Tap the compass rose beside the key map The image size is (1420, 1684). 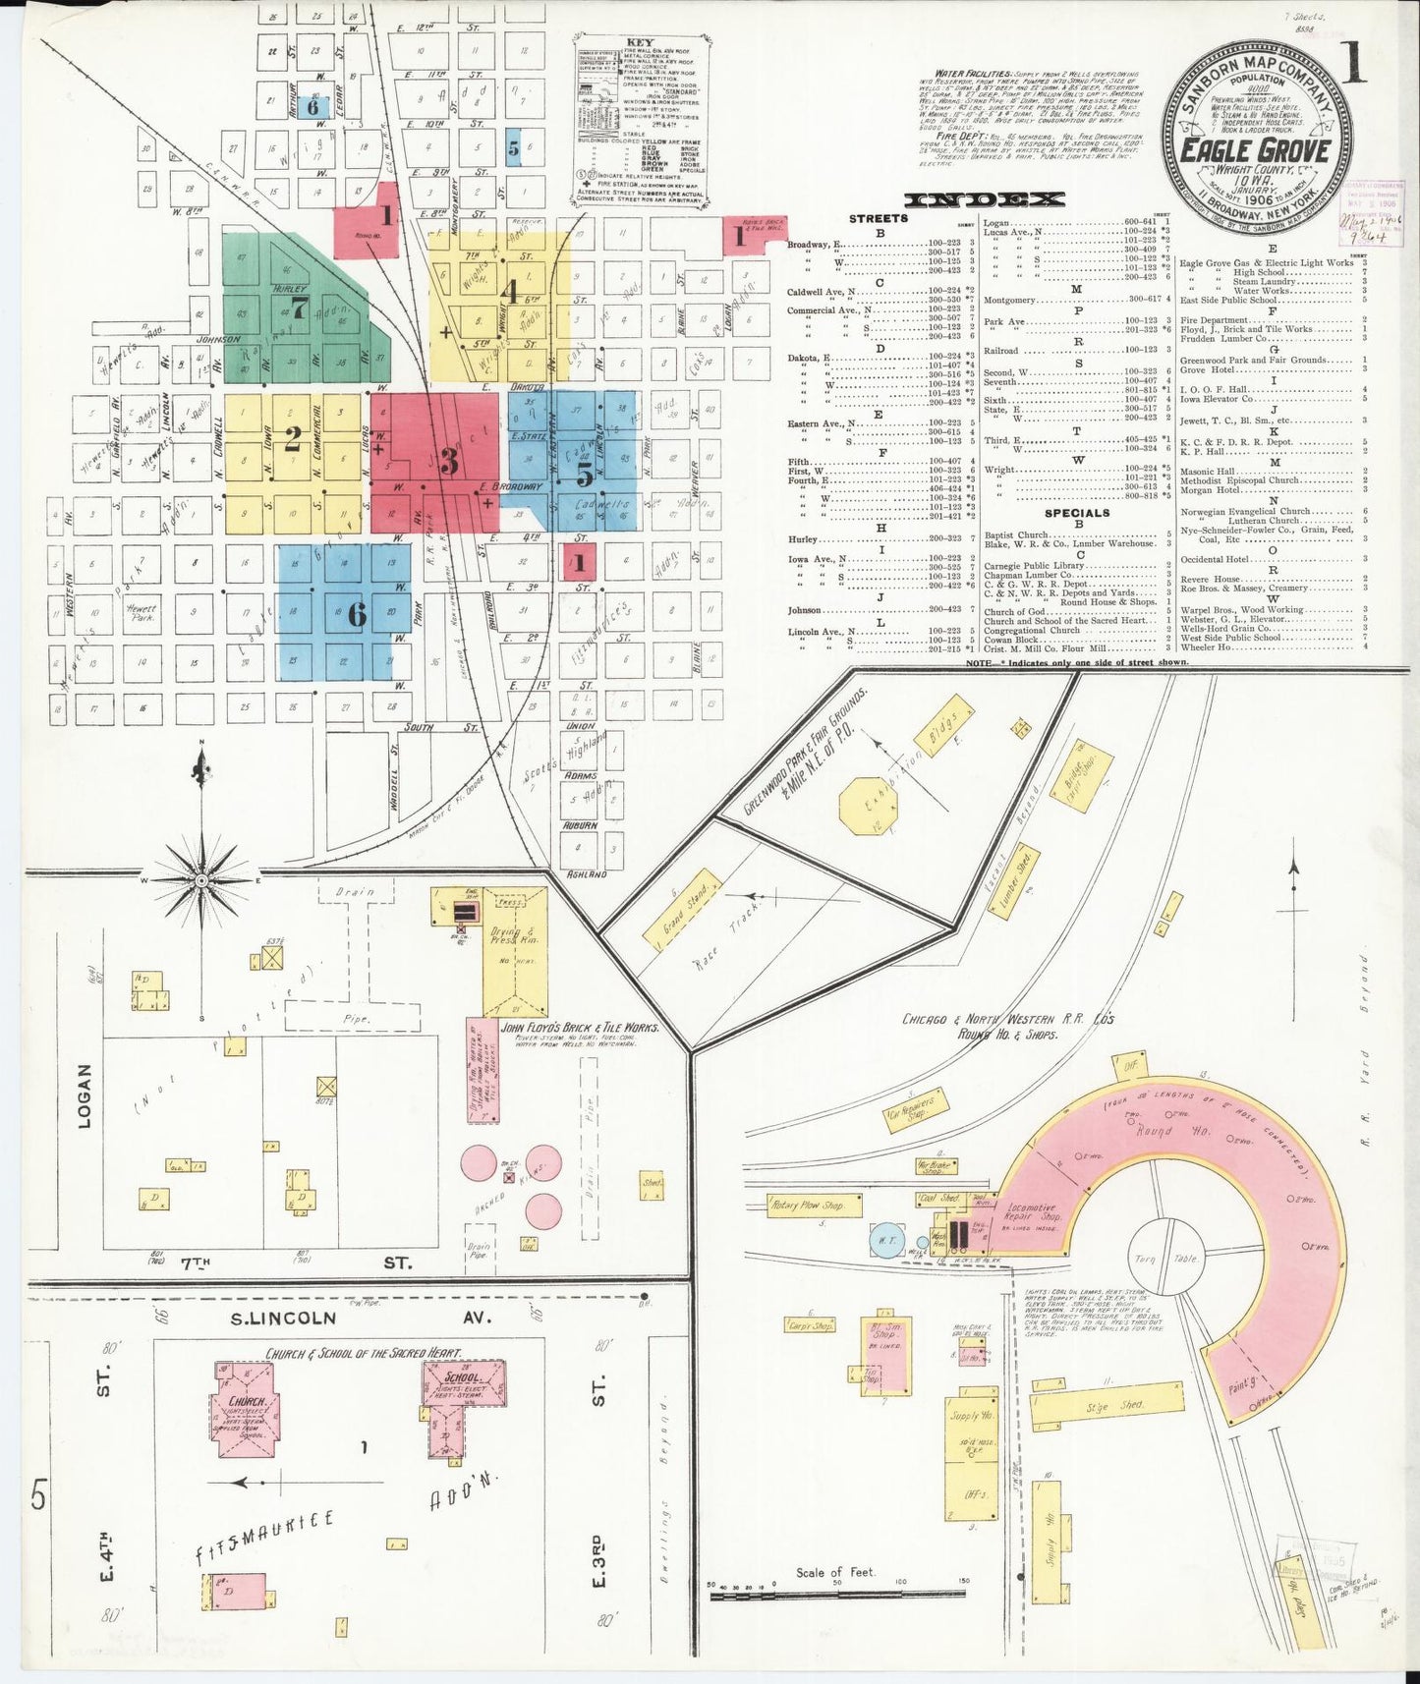[x=200, y=881]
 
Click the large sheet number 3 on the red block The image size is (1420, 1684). [x=450, y=460]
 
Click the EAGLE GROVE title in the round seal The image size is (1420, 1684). [x=1255, y=151]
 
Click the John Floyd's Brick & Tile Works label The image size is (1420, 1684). [x=579, y=1028]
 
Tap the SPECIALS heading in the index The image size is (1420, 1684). [x=1077, y=512]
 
